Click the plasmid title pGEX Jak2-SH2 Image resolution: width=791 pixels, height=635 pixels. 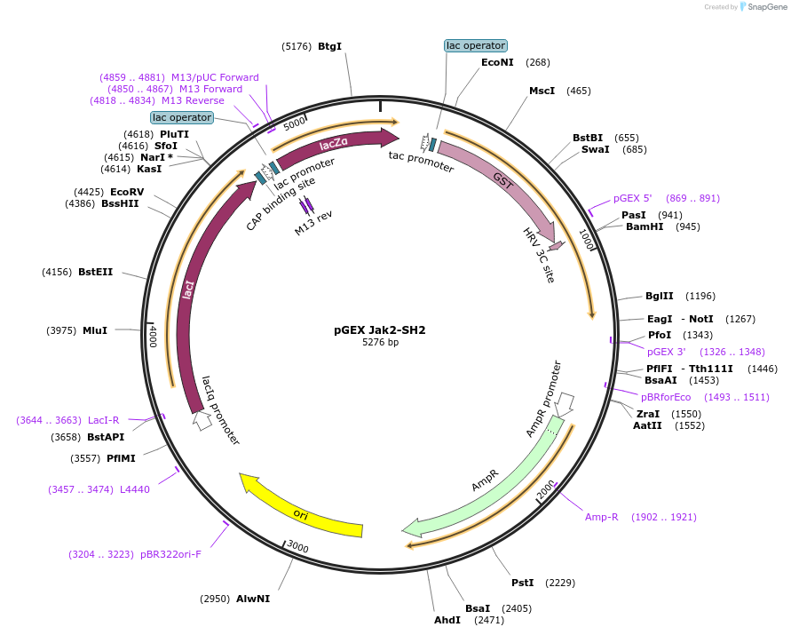[380, 330]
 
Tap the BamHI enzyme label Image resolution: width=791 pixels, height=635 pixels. [645, 226]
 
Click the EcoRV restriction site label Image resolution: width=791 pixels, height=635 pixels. [127, 192]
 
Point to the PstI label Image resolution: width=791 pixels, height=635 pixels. [523, 583]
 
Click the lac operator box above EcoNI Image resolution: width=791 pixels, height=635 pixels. [475, 45]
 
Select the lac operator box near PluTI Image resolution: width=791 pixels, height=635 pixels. [182, 117]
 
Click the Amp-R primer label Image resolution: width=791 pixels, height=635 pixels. [601, 517]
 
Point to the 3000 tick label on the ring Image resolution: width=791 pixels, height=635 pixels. [297, 548]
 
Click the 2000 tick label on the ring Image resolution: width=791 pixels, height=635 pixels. [546, 488]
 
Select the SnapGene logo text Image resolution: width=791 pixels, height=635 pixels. [768, 7]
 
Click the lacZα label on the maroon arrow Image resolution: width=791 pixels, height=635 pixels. [333, 144]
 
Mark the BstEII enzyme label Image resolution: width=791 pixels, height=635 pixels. [96, 272]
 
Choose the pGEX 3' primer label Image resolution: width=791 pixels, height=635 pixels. [667, 352]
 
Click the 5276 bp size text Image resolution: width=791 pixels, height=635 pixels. [380, 343]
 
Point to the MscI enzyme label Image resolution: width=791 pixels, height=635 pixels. [542, 91]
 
